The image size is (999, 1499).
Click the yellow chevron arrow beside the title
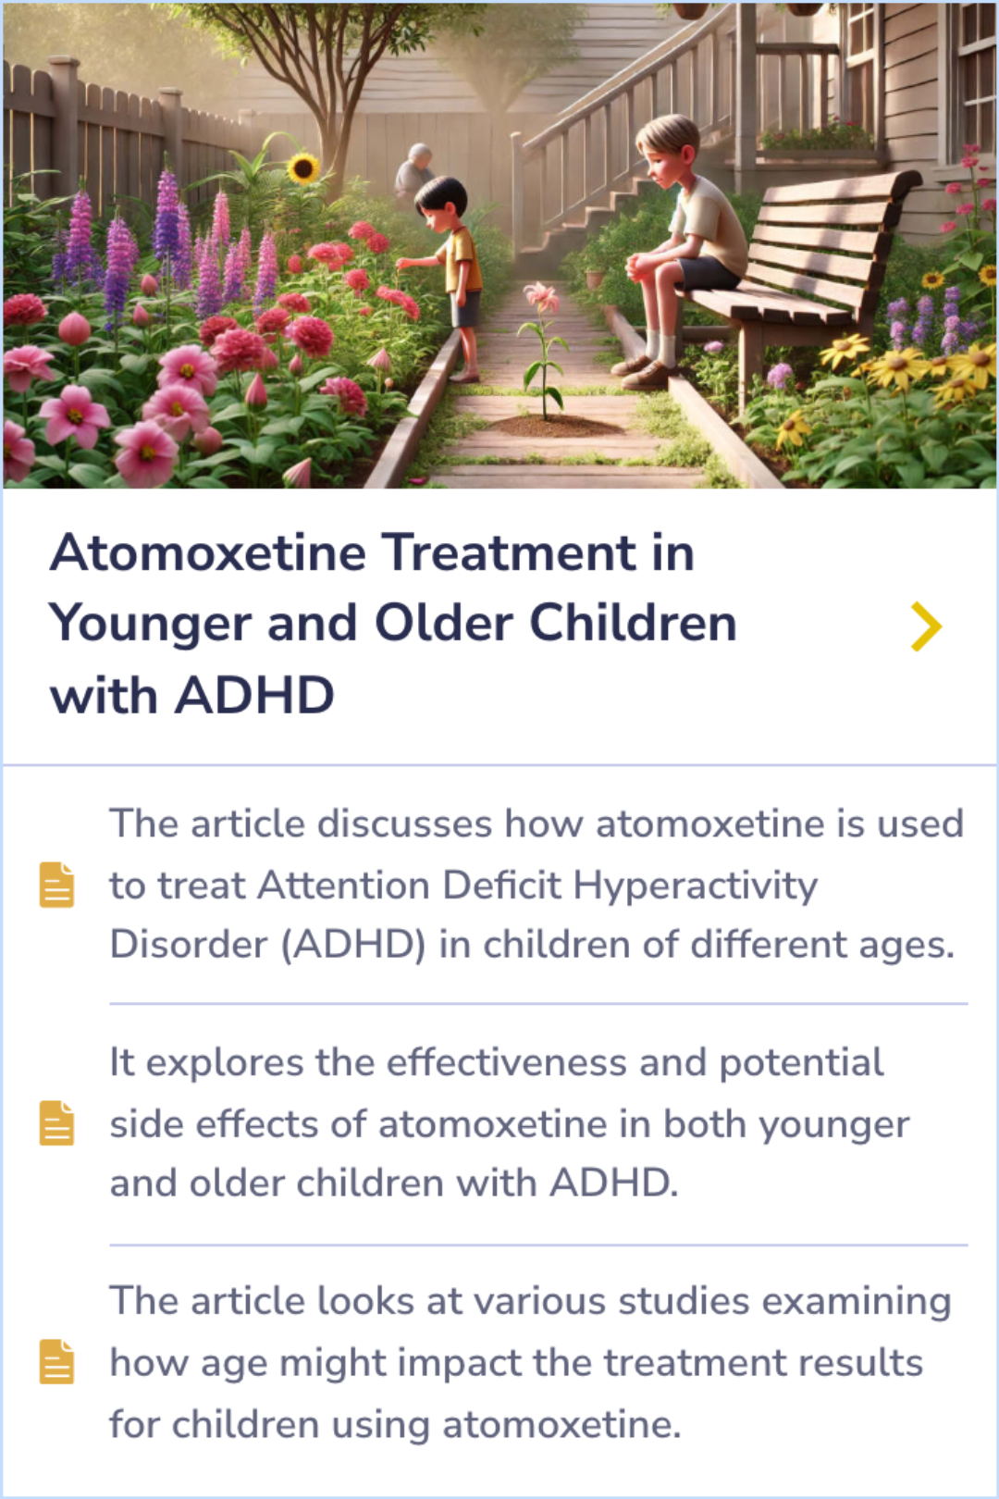pyautogui.click(x=925, y=626)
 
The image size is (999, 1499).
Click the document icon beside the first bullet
pyautogui.click(x=56, y=885)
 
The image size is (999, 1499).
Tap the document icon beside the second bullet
pyautogui.click(x=56, y=1123)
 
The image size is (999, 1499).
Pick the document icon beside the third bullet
pyautogui.click(x=56, y=1361)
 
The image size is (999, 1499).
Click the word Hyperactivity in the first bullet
pyautogui.click(x=695, y=886)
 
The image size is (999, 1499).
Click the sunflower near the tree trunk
pyautogui.click(x=302, y=168)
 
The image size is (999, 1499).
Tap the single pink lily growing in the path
pyautogui.click(x=541, y=298)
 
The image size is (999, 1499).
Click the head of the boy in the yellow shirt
pyautogui.click(x=440, y=199)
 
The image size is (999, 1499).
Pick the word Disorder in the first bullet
pyautogui.click(x=189, y=945)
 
